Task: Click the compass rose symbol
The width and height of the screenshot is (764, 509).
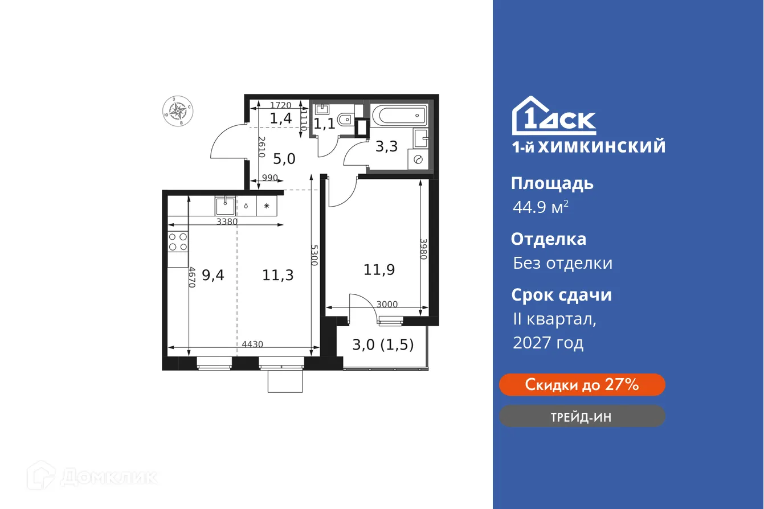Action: pos(178,110)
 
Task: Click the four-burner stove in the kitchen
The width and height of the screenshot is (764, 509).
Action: pos(178,242)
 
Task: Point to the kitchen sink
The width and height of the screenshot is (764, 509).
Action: pos(225,205)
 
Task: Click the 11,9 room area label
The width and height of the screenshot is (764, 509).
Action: pos(379,269)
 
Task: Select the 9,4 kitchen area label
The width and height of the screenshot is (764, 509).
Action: pos(213,276)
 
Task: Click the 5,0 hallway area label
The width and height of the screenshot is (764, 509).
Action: pos(283,159)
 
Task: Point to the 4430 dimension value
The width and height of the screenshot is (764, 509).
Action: pos(252,344)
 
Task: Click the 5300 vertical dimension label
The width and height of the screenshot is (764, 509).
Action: pos(314,258)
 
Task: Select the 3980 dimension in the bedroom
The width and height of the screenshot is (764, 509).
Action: pos(423,249)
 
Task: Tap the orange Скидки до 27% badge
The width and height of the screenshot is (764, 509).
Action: pos(582,385)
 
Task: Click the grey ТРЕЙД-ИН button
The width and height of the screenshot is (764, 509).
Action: pos(582,416)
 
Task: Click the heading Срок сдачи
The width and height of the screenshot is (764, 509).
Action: pos(561,295)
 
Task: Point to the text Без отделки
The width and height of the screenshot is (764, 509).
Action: pos(562,263)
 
